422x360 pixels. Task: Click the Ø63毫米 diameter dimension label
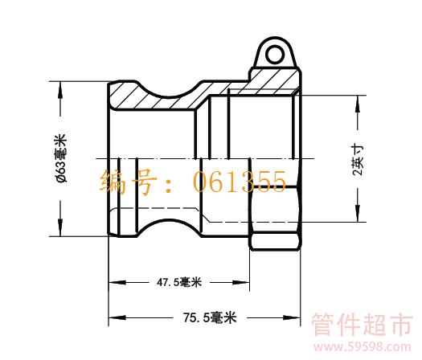coord(62,158)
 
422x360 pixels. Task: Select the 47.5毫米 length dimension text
coord(179,282)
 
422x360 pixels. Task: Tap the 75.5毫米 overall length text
coord(210,317)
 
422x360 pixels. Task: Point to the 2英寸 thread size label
coord(358,161)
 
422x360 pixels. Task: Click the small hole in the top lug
coord(275,54)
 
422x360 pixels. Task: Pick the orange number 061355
coord(240,182)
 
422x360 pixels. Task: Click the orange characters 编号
coord(128,182)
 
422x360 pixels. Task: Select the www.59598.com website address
coord(363,347)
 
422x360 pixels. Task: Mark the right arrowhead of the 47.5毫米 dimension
coord(241,283)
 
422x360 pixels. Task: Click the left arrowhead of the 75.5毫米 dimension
coord(117,317)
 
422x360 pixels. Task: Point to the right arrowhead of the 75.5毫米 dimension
coord(292,317)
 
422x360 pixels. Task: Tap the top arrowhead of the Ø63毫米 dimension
coord(60,90)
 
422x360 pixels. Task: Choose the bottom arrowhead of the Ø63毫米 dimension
coord(60,227)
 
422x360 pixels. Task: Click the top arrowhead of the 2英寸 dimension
coord(358,104)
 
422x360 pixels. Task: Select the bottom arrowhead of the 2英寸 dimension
coord(358,214)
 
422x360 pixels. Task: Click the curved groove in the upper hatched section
coord(169,96)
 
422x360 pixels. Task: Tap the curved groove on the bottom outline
coord(169,221)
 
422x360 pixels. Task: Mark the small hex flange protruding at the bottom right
coord(275,242)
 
